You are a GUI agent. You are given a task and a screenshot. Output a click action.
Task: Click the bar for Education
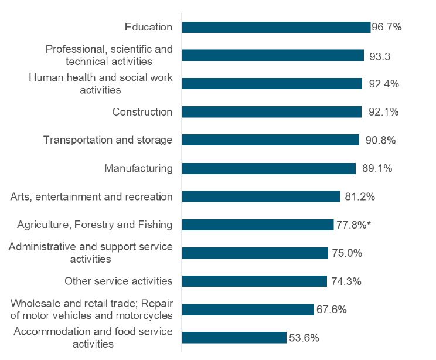(276, 28)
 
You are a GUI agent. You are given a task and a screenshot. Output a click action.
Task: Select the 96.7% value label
(387, 28)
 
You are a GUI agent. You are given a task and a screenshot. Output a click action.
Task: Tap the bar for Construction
(272, 112)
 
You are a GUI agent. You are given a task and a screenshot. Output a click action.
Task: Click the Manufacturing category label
(138, 168)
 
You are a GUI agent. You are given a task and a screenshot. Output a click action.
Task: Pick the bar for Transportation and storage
(270, 140)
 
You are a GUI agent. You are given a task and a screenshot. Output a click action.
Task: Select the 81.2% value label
(360, 196)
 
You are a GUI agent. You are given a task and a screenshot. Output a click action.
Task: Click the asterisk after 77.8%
(370, 223)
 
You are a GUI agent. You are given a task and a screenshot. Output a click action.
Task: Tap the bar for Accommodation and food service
(234, 338)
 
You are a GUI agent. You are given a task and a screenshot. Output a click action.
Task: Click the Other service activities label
(118, 281)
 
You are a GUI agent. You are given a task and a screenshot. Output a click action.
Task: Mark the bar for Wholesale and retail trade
(248, 310)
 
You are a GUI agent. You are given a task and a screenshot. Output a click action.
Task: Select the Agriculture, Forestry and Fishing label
(94, 225)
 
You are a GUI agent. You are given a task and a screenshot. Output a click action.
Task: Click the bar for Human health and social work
(272, 84)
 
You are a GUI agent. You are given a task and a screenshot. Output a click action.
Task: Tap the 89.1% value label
(376, 168)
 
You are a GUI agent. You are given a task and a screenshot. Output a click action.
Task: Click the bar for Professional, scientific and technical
(273, 56)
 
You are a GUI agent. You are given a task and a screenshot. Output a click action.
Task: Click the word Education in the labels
(148, 28)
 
